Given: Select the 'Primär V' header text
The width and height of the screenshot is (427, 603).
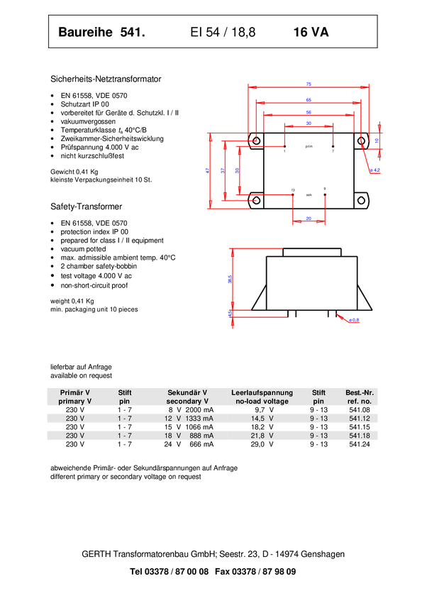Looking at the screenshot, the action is click(x=75, y=392).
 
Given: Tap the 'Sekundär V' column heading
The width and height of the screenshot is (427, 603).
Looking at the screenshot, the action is click(x=187, y=392).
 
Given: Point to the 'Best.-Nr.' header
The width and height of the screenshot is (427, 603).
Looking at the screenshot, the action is click(x=359, y=392).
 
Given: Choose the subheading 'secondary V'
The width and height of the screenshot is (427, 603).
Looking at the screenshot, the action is click(x=187, y=402).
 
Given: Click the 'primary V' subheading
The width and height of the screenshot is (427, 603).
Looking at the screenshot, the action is click(x=75, y=402).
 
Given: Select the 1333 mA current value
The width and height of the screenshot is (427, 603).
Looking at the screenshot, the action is click(x=199, y=419).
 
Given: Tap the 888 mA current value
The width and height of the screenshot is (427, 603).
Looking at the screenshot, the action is click(x=201, y=436).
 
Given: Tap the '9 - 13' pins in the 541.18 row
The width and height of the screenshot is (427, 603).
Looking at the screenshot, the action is click(x=318, y=436).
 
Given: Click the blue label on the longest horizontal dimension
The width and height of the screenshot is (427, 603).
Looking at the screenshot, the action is click(x=309, y=84).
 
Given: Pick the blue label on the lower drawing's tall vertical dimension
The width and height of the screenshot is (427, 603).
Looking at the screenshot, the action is click(x=229, y=280).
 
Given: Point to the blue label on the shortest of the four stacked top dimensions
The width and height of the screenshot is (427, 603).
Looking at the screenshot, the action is click(x=309, y=123).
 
